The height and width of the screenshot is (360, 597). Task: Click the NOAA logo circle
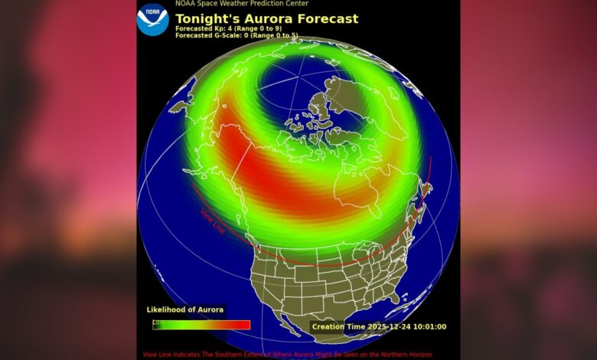click(153, 20)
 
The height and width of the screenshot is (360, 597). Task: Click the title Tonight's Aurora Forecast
click(266, 18)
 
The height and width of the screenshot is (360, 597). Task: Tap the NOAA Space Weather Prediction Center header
click(242, 4)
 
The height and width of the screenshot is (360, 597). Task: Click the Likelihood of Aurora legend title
click(185, 309)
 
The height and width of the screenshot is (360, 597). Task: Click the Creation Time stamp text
click(378, 327)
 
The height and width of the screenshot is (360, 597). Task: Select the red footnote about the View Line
click(287, 355)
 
